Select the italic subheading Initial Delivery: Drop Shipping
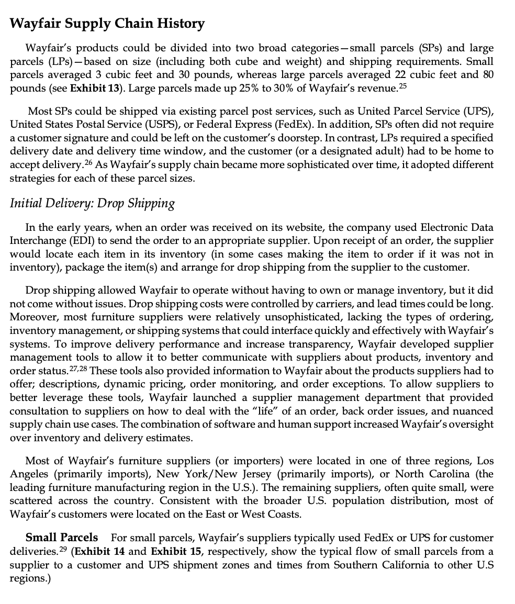point(92,203)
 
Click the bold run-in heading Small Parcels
point(62,538)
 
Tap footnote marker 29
point(63,549)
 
